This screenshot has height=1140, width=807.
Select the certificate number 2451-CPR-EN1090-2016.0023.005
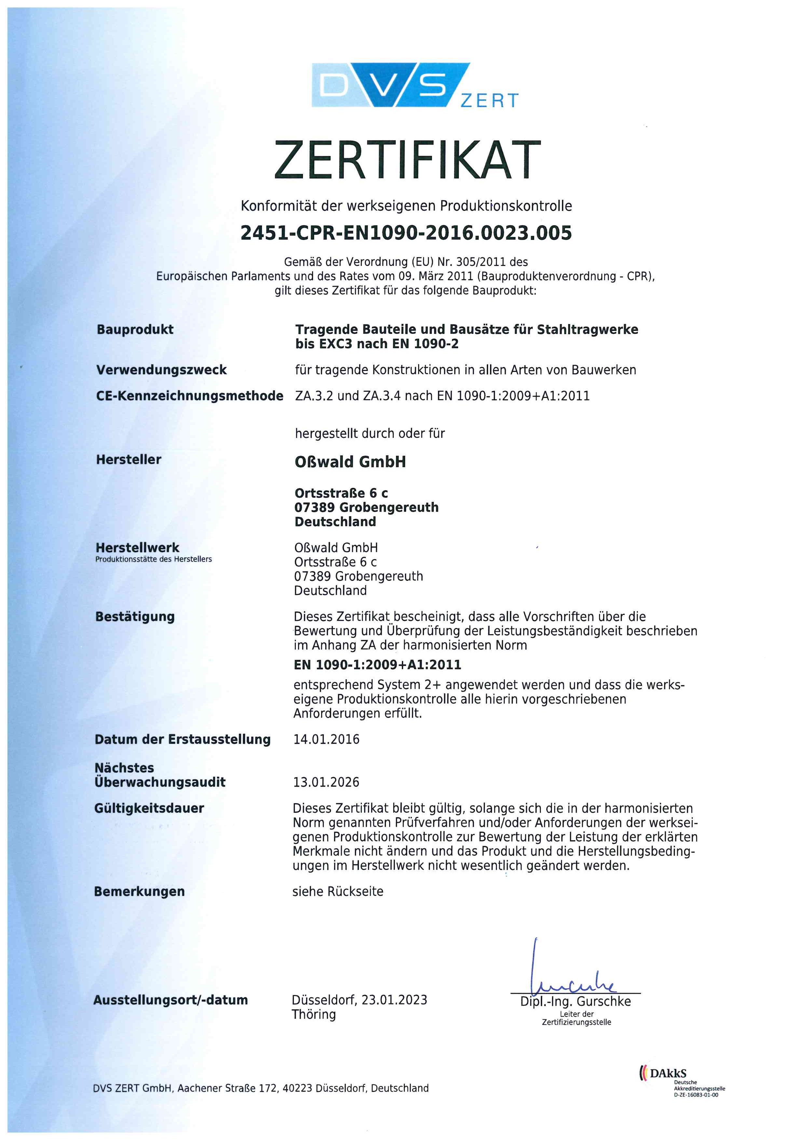click(406, 233)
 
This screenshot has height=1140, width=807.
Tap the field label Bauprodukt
click(135, 329)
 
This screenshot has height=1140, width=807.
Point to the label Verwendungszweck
click(161, 370)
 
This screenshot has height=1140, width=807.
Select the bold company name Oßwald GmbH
click(350, 462)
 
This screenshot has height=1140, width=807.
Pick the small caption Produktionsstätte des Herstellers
click(154, 559)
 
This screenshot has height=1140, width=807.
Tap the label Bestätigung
click(135, 617)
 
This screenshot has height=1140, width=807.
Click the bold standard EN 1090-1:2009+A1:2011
click(378, 665)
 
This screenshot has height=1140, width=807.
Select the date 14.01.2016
click(326, 739)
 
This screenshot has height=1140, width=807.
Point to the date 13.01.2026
click(326, 782)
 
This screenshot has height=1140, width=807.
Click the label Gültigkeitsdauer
click(149, 808)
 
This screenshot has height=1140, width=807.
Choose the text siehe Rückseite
click(338, 891)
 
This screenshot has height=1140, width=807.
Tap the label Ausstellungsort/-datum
click(171, 1000)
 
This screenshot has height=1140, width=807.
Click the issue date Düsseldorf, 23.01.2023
click(359, 1000)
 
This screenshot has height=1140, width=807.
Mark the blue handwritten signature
click(571, 973)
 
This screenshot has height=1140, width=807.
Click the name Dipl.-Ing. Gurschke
click(575, 1002)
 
